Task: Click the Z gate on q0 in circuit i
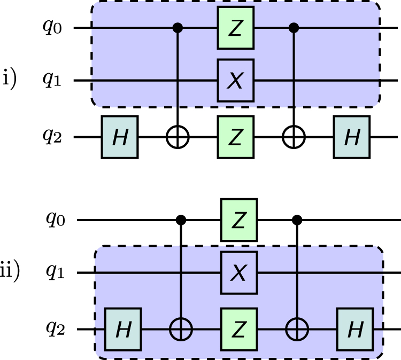[236, 27]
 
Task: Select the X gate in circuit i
[236, 81]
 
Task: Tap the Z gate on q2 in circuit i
[236, 137]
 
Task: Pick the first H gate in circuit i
[120, 137]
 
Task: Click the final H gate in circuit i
[351, 137]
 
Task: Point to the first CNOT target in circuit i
[178, 137]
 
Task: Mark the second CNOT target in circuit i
[294, 137]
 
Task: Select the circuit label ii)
[10, 272]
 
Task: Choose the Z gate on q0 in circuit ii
[239, 220]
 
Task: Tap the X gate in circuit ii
[239, 273]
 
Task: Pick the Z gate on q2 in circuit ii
[239, 330]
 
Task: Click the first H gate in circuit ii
[124, 330]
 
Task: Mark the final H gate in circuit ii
[354, 330]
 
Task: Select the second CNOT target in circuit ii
[297, 330]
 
